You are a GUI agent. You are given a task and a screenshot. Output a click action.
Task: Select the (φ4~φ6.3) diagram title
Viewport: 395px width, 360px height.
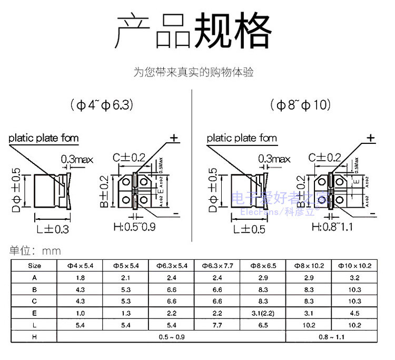coord(101,104)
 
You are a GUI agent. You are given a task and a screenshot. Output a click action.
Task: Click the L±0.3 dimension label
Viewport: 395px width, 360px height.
coord(53,229)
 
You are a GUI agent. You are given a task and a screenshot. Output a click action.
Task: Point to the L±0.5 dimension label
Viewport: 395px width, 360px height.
coord(252,229)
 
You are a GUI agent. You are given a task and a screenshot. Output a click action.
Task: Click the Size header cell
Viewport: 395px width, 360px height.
coord(34,266)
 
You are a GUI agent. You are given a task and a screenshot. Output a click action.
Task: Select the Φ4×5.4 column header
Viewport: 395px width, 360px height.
coord(80,266)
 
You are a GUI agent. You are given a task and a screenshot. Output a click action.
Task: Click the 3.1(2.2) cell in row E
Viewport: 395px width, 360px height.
coord(263,313)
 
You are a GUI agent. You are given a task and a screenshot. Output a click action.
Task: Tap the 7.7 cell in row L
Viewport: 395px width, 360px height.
coord(217,324)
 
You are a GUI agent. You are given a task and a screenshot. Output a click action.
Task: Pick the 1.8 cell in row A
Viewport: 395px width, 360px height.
coord(80,278)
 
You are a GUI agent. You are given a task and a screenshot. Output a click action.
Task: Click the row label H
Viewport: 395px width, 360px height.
coord(34,336)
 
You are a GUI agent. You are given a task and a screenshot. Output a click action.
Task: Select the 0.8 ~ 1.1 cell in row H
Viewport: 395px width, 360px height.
coord(331,336)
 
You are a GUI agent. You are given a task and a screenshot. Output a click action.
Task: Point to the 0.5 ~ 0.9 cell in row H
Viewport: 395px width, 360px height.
coord(171,336)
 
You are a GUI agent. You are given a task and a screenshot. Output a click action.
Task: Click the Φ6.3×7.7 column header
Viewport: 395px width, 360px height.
coord(217,266)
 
